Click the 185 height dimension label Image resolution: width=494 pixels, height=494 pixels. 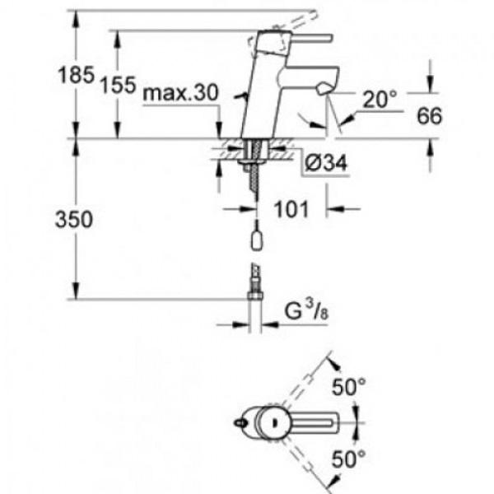click(x=77, y=75)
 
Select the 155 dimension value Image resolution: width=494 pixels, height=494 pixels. click(x=118, y=85)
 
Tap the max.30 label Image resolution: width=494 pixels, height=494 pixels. click(x=180, y=93)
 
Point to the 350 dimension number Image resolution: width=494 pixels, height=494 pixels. click(x=74, y=219)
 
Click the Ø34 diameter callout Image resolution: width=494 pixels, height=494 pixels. click(x=326, y=163)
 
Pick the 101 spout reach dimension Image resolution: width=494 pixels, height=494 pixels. click(x=291, y=209)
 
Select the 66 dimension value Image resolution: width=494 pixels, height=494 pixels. click(x=430, y=115)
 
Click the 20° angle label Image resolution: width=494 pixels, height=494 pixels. click(x=380, y=100)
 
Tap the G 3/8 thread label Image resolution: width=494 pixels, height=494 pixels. click(x=306, y=310)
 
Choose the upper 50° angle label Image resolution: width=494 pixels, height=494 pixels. click(x=349, y=386)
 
